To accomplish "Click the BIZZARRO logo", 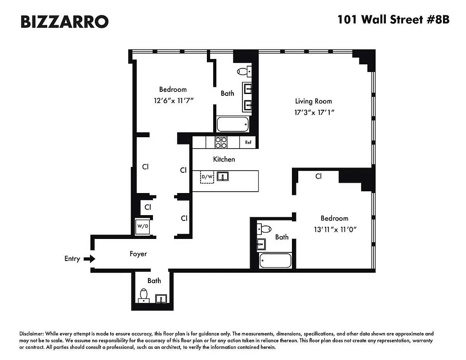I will click(x=64, y=21).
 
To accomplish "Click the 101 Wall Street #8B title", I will click(x=394, y=20).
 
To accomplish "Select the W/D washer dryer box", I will click(x=143, y=227).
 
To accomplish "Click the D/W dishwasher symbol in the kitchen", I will click(x=207, y=177).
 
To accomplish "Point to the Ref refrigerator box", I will click(x=248, y=142).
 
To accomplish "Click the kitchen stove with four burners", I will click(x=221, y=142).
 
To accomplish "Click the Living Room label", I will click(x=314, y=101).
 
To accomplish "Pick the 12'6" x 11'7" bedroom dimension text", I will click(x=173, y=100).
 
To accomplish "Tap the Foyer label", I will click(x=138, y=254).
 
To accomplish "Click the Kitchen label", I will click(x=224, y=159).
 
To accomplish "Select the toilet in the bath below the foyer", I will click(x=144, y=294).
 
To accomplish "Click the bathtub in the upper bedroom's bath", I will click(x=233, y=124).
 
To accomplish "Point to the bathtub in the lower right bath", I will click(x=276, y=261).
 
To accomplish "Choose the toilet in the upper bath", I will click(x=243, y=71).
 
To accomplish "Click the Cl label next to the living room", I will click(x=318, y=176).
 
